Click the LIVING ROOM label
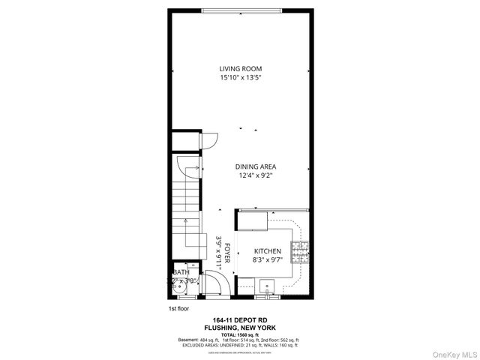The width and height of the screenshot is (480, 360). (x=240, y=68)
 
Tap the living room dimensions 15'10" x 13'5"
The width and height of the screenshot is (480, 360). (x=240, y=77)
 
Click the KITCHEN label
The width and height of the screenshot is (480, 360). (x=267, y=251)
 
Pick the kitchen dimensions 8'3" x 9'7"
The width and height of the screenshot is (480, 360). (x=267, y=260)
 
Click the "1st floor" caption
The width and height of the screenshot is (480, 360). (x=179, y=308)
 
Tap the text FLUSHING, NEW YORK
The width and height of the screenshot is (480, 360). (x=239, y=328)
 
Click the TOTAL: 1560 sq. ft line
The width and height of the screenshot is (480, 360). (x=239, y=334)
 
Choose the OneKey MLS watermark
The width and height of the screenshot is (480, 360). (x=452, y=352)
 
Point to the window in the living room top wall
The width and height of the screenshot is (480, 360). (x=240, y=10)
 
